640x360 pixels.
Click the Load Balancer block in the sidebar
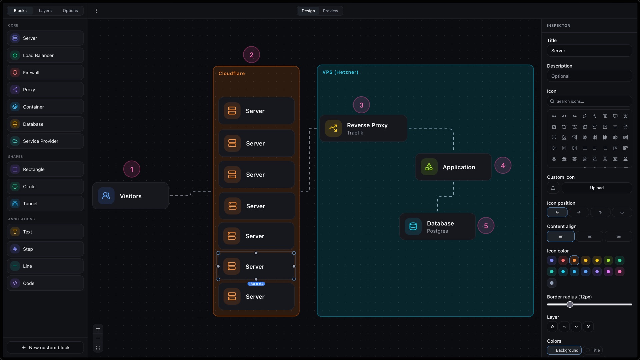coord(45,55)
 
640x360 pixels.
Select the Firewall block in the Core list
coord(45,72)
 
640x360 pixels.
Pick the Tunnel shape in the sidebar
coord(45,203)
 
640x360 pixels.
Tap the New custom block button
coord(45,347)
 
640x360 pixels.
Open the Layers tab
coord(45,11)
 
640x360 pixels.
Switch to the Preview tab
coord(330,11)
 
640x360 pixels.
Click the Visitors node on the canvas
coord(130,196)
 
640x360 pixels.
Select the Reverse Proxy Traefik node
coord(363,128)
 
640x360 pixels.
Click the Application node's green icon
coord(429,167)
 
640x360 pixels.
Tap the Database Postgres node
coord(437,227)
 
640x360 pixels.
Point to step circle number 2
coord(251,55)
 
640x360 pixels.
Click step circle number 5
coord(486,226)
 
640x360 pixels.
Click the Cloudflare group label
coord(232,73)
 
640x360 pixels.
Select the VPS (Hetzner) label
coord(340,72)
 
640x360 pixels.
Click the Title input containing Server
coord(589,51)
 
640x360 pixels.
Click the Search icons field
coord(589,101)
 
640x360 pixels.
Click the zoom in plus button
coord(98,329)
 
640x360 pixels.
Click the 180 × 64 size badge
coord(256,284)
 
